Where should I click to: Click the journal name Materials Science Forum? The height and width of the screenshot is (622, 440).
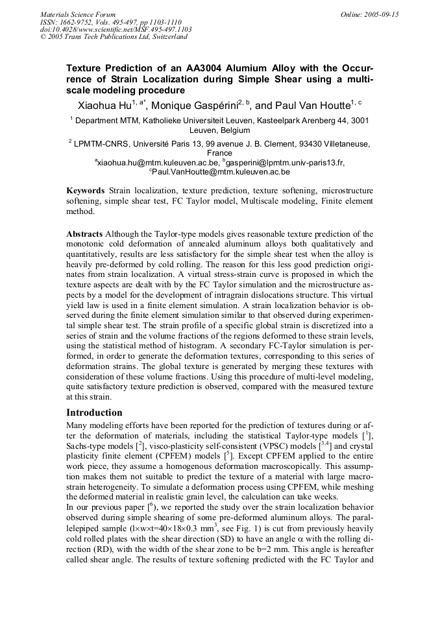click(78, 14)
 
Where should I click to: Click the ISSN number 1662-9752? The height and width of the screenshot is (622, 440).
click(78, 21)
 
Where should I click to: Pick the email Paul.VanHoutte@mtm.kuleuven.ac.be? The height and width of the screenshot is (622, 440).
click(221, 172)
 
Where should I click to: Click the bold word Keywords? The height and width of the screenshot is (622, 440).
click(86, 191)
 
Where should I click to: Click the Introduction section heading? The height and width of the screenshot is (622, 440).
click(94, 413)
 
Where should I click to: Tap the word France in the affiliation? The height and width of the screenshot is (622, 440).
click(219, 153)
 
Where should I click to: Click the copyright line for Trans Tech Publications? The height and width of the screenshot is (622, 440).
click(114, 37)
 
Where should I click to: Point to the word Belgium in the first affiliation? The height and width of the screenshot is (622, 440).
click(234, 130)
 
